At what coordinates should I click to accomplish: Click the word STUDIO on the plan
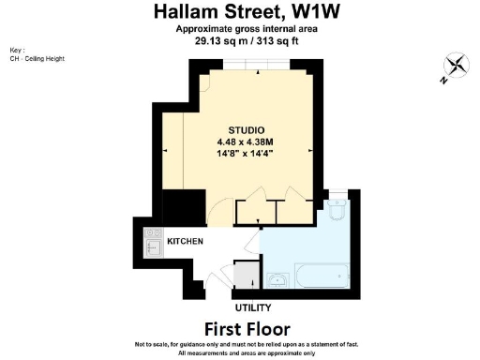[x=247, y=129]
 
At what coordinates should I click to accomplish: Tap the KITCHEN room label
[x=186, y=242]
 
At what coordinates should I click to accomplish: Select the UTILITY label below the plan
[x=252, y=307]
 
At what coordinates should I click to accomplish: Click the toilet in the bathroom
[x=338, y=211]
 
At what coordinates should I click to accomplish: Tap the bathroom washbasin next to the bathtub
[x=277, y=280]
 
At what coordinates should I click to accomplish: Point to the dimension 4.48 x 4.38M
[x=246, y=142]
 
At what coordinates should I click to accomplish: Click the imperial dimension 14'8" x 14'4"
[x=246, y=156]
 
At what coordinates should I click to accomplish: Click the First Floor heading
[x=247, y=328]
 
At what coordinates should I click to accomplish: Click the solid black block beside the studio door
[x=184, y=206]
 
